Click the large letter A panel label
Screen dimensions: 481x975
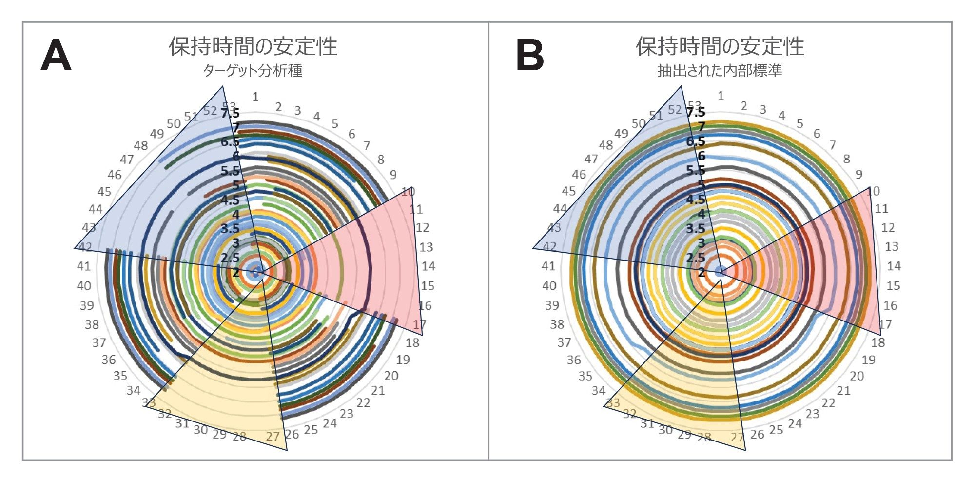click(x=56, y=56)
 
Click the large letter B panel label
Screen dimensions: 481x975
click(x=529, y=56)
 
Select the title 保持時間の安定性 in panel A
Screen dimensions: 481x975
click(x=253, y=46)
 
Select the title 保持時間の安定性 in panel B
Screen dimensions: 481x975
click(x=720, y=46)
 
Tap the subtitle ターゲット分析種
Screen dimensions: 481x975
click(x=253, y=71)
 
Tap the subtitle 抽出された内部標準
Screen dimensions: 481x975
click(x=720, y=71)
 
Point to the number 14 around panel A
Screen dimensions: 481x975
click(x=428, y=266)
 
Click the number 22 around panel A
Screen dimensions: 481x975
click(x=363, y=403)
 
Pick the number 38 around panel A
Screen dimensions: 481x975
click(x=92, y=324)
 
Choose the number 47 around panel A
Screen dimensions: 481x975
click(x=127, y=159)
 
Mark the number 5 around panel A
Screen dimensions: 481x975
click(x=335, y=124)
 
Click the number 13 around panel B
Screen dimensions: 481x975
click(x=892, y=246)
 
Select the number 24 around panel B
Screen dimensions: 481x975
click(x=795, y=423)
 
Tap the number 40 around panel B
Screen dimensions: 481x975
click(x=549, y=285)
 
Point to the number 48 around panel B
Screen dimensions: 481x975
click(x=606, y=145)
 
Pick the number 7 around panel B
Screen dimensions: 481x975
click(x=833, y=145)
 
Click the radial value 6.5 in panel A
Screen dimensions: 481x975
click(x=230, y=142)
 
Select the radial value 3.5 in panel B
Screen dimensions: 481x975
click(x=695, y=228)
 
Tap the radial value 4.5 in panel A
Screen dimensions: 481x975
click(x=230, y=200)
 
